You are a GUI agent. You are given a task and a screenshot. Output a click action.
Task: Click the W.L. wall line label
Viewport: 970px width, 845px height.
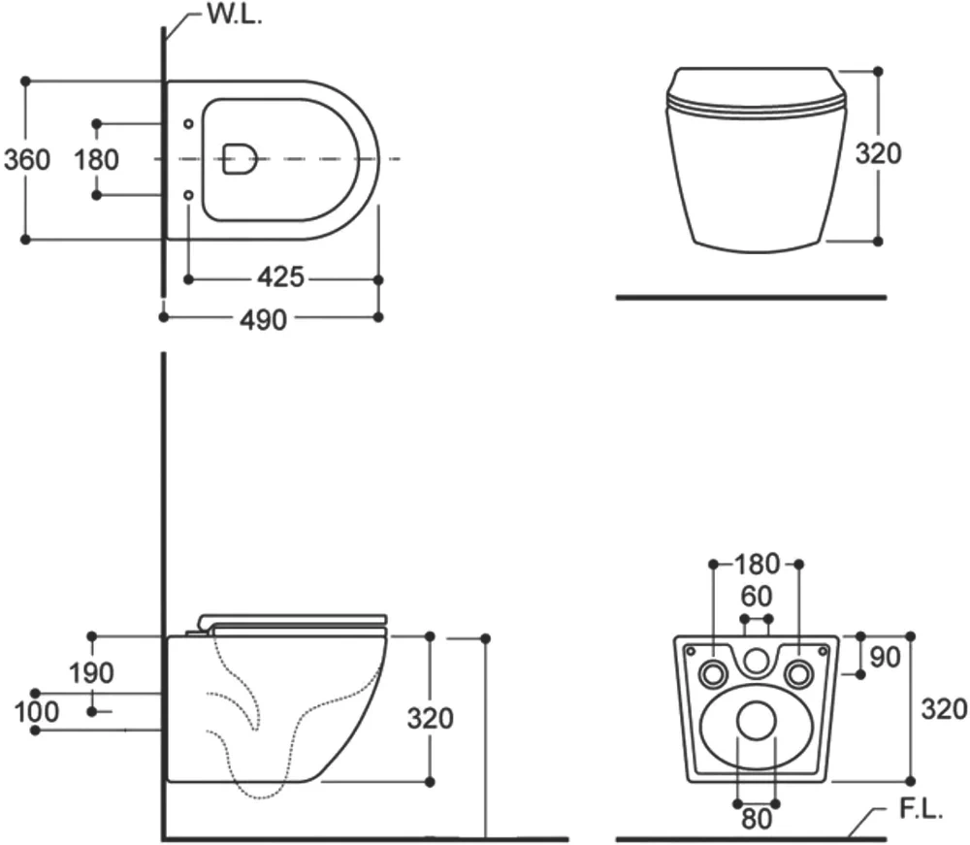coord(235,14)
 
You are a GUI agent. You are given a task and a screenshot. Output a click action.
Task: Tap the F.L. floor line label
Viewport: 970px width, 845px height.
coord(921,809)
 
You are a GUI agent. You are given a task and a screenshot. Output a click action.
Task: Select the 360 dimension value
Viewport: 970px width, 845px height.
coord(27,160)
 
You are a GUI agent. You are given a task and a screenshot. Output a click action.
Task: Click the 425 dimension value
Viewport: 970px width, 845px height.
coord(281,277)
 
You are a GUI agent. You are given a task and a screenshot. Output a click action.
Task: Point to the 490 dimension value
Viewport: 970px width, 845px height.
coord(263,320)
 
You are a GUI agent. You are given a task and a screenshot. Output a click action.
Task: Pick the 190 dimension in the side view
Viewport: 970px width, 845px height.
coord(91,672)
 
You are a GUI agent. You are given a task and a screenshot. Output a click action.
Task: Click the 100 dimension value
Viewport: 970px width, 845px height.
coord(37,712)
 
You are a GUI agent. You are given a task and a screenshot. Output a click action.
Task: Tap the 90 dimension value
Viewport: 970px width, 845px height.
coord(886,657)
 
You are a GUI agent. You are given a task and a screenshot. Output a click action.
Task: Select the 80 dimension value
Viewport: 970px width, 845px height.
coord(757,820)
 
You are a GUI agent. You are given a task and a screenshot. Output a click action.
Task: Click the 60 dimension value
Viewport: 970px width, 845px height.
coord(757,597)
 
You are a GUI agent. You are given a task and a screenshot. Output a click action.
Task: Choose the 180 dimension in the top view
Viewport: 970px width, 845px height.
coord(96,160)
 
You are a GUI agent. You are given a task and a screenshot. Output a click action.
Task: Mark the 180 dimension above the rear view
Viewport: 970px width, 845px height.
coord(757,564)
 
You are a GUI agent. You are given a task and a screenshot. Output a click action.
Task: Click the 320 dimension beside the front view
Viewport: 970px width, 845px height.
coord(879,153)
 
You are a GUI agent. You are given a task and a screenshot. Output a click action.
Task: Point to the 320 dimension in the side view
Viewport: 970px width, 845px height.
coord(431,718)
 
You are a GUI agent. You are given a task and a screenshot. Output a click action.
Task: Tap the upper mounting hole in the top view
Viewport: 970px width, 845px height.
coord(189,124)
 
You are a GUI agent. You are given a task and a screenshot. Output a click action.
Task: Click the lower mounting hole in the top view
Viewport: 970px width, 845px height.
coord(189,195)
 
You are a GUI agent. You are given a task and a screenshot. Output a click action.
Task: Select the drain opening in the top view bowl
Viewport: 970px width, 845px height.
coord(240,159)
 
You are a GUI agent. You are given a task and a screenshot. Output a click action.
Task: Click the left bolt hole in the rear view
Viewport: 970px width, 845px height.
coord(713,673)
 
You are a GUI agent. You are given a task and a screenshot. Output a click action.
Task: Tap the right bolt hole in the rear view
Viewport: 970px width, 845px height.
coord(798,673)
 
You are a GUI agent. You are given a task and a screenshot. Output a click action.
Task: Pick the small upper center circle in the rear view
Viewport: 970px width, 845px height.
coord(756,661)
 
